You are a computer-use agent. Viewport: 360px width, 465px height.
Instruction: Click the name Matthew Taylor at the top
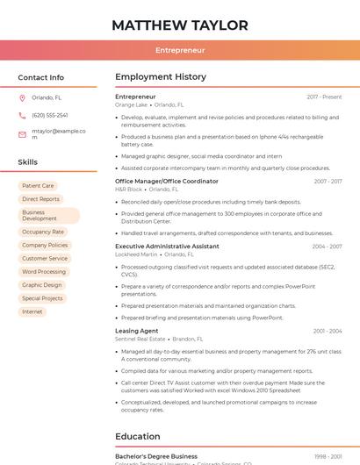[179, 25]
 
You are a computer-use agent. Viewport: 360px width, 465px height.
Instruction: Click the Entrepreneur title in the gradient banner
[179, 50]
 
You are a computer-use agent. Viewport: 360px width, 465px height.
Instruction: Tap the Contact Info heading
[41, 77]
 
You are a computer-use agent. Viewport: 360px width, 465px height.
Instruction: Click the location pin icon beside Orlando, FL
[22, 97]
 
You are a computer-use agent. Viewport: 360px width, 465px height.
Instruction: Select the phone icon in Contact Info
[22, 115]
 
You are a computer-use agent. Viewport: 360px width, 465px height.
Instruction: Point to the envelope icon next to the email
[22, 134]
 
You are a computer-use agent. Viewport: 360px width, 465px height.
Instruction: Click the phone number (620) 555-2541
[50, 115]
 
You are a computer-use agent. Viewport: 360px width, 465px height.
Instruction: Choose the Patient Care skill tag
[38, 186]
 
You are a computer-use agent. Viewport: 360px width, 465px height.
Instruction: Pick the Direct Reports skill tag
[40, 199]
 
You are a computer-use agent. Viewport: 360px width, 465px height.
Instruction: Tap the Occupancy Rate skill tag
[43, 232]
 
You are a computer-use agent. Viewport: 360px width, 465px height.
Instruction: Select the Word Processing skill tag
[44, 272]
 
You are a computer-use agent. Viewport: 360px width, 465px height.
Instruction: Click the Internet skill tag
[32, 311]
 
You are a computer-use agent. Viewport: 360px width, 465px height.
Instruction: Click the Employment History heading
[161, 77]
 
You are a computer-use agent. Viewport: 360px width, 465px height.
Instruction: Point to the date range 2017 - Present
[324, 97]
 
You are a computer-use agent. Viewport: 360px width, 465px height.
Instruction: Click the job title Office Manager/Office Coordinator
[167, 181]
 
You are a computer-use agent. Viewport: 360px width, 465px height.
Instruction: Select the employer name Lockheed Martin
[136, 254]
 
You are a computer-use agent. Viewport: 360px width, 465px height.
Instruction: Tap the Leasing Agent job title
[137, 331]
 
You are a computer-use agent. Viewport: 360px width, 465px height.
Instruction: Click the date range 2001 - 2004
[328, 331]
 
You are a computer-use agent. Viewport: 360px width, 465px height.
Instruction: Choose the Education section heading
[138, 436]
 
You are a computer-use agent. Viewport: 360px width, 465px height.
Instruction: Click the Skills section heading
[28, 162]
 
